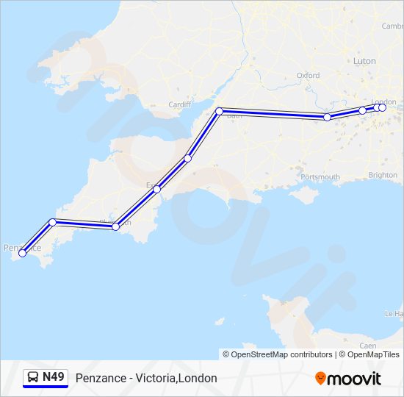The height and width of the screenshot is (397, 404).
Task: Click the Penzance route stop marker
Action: click(23, 253)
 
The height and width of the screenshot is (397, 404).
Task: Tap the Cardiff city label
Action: click(179, 104)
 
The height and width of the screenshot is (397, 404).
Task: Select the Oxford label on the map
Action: click(308, 75)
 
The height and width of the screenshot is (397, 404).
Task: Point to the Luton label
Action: click(364, 61)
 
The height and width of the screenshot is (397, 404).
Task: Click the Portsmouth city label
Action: click(320, 176)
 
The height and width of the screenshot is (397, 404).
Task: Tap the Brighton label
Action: click(383, 175)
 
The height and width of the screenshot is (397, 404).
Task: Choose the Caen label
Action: click(368, 345)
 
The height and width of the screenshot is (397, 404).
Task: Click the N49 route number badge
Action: click(53, 377)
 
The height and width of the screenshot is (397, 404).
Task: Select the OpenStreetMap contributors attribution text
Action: click(278, 354)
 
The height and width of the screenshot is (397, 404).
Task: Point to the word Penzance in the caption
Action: click(98, 378)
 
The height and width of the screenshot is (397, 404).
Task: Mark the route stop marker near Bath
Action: click(219, 111)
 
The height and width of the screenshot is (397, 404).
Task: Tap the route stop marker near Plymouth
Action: click(115, 226)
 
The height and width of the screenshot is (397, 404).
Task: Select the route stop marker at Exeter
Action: click(156, 189)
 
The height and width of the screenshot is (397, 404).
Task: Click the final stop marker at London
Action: click(382, 107)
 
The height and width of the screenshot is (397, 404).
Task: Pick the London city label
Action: click(383, 101)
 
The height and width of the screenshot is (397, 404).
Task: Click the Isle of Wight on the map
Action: click(303, 196)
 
